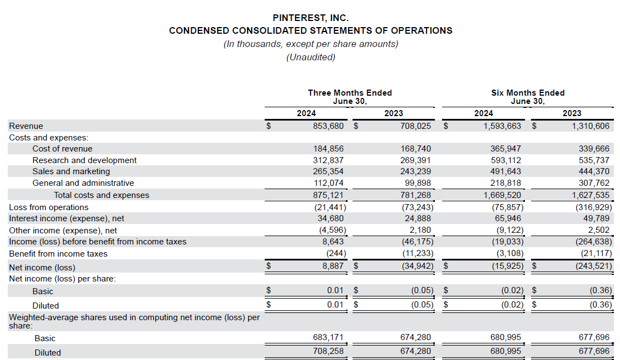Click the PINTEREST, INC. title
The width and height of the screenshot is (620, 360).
[x=311, y=18]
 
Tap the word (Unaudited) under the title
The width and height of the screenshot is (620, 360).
[x=311, y=58]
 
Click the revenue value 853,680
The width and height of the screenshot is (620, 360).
[x=328, y=126]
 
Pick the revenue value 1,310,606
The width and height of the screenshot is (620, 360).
[x=590, y=126]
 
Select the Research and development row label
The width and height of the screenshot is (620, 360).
[x=84, y=160]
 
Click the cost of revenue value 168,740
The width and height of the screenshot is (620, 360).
[x=416, y=149]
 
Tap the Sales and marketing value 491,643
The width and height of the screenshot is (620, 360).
[x=506, y=171]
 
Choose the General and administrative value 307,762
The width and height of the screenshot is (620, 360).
[x=594, y=183]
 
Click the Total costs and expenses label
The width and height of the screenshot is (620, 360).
[x=102, y=195]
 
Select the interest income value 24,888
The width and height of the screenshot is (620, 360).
[x=418, y=218]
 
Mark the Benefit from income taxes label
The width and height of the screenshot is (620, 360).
[x=58, y=254]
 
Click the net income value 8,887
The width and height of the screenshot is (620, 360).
[x=333, y=266]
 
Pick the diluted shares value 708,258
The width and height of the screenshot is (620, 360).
[x=328, y=351]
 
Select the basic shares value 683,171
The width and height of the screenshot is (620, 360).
[x=328, y=337]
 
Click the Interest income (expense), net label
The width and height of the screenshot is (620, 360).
[x=66, y=218]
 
